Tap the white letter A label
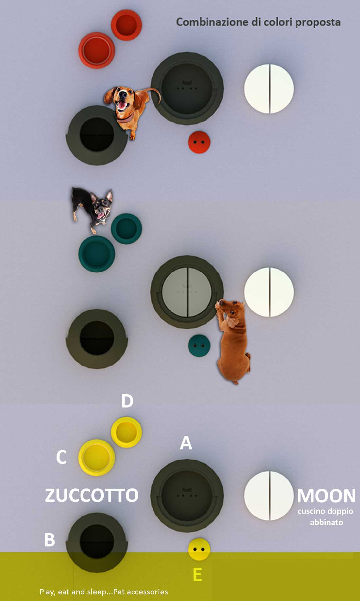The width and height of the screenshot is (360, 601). pyautogui.click(x=186, y=443)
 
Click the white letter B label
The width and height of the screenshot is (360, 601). pyautogui.click(x=49, y=539)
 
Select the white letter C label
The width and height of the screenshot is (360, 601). pyautogui.click(x=61, y=457)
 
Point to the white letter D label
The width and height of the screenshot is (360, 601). pyautogui.click(x=127, y=401)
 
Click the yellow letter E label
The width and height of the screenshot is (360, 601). pyautogui.click(x=197, y=574)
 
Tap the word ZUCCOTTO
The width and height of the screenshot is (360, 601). pyautogui.click(x=92, y=495)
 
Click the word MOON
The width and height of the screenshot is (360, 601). pyautogui.click(x=326, y=496)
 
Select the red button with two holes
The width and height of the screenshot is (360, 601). pyautogui.click(x=199, y=142)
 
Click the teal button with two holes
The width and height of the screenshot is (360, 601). pyautogui.click(x=199, y=346)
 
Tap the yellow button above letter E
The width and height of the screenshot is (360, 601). pyautogui.click(x=199, y=549)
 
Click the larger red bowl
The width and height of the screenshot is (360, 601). pyautogui.click(x=97, y=50)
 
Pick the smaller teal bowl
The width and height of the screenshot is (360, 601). pyautogui.click(x=126, y=229)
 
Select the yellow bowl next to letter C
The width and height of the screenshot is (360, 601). pyautogui.click(x=97, y=458)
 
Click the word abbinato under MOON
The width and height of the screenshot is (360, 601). pyautogui.click(x=326, y=522)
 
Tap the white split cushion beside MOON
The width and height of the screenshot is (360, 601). pyautogui.click(x=269, y=496)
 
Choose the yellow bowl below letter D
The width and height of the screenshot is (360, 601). pyautogui.click(x=126, y=432)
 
